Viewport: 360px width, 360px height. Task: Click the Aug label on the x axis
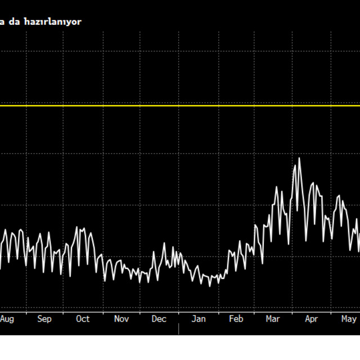7,319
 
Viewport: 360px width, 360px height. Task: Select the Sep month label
44,319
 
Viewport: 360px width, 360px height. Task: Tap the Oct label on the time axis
83,319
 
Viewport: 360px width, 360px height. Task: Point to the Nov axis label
121,319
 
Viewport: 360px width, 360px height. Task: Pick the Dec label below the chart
159,319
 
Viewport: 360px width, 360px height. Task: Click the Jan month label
199,319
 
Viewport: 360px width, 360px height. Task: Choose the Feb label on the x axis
236,319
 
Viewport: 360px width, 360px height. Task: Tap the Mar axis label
273,319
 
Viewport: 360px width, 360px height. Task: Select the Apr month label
311,319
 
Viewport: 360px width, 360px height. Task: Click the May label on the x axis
349,319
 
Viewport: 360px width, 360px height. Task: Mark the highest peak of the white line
299,159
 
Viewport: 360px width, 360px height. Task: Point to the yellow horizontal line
180,105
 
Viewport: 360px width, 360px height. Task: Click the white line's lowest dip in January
210,286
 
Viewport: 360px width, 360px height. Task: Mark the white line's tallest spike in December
164,244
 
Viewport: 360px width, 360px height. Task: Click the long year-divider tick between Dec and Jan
179,328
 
